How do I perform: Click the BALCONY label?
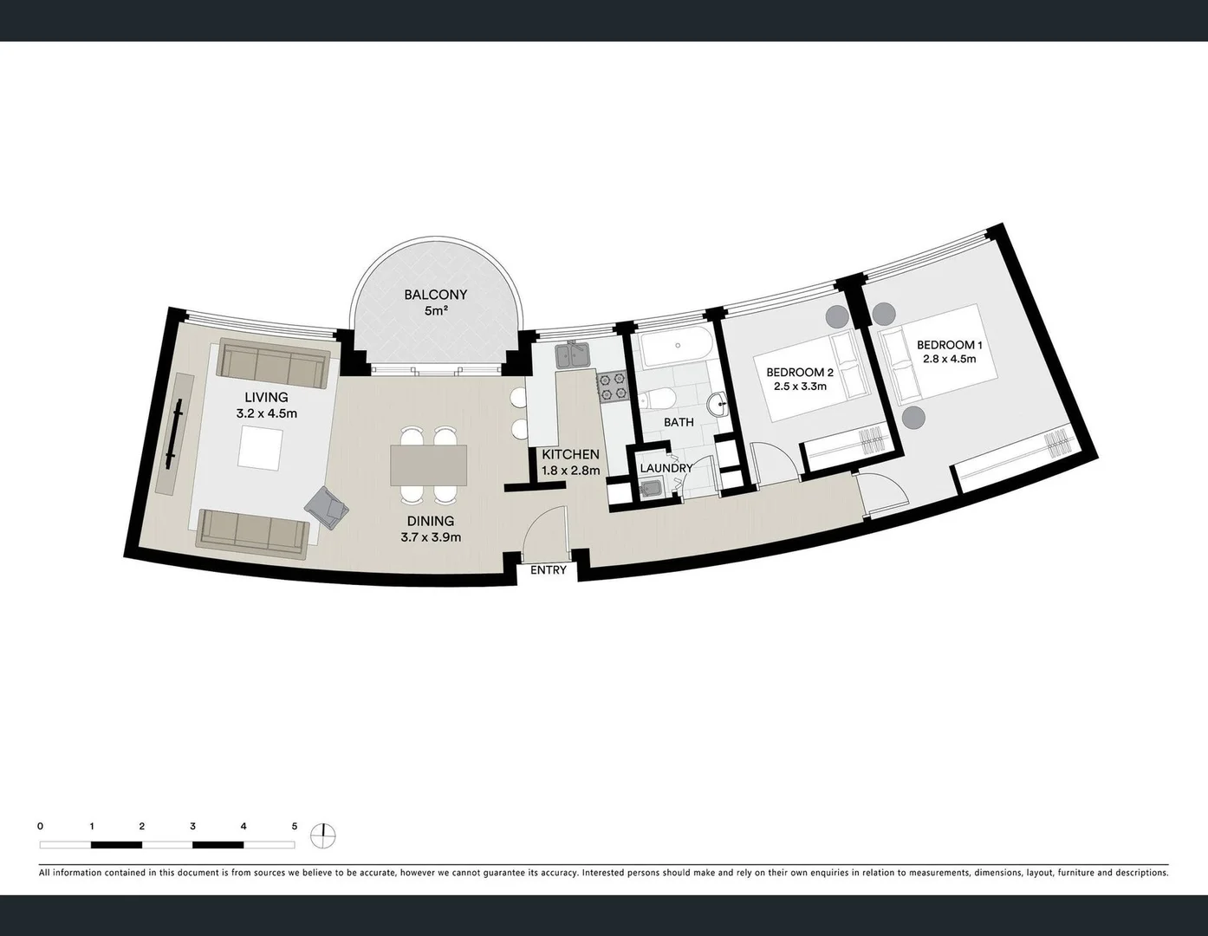(435, 295)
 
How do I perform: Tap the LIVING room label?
(266, 398)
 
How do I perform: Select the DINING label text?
(431, 521)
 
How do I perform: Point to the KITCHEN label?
(570, 454)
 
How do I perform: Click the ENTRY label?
(548, 569)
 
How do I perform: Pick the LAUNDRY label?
(666, 468)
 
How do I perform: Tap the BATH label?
(679, 422)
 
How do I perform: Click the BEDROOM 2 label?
(799, 373)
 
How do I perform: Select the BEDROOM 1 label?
(949, 345)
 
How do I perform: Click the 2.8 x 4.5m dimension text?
(949, 359)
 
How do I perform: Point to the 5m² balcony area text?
(435, 310)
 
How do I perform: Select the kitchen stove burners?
(613, 386)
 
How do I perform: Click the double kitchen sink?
(574, 354)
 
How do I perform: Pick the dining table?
(428, 465)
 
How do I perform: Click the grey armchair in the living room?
(327, 507)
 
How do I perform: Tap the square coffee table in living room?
(260, 449)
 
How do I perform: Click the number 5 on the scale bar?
(295, 827)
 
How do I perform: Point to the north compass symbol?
(323, 835)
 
